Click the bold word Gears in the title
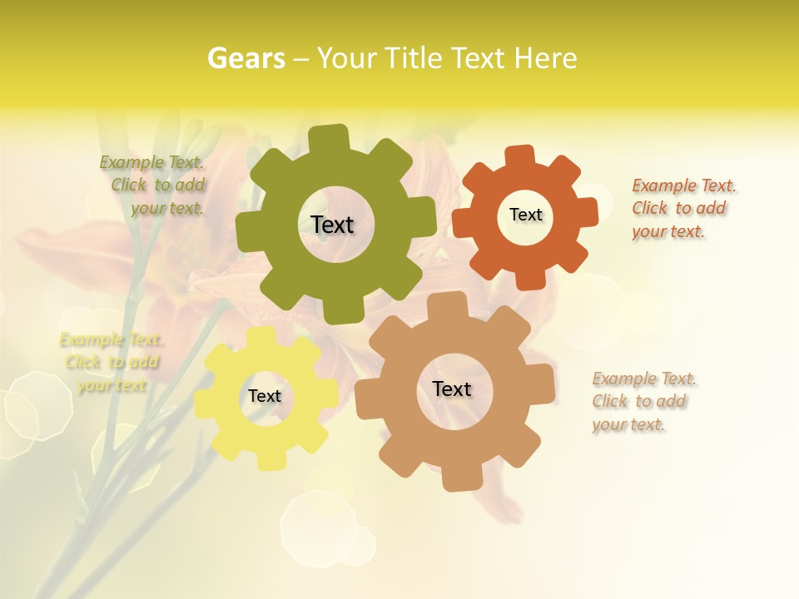coord(246,58)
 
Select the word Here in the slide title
coord(545,58)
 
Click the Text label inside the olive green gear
coord(332,225)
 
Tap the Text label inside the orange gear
coord(525,215)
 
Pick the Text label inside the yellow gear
coord(265,397)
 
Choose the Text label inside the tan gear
coord(452,389)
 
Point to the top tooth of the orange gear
coord(519,155)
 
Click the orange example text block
coord(683,209)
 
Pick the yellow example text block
coord(112,363)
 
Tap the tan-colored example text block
coord(643,402)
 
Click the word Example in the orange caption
coord(663,186)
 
